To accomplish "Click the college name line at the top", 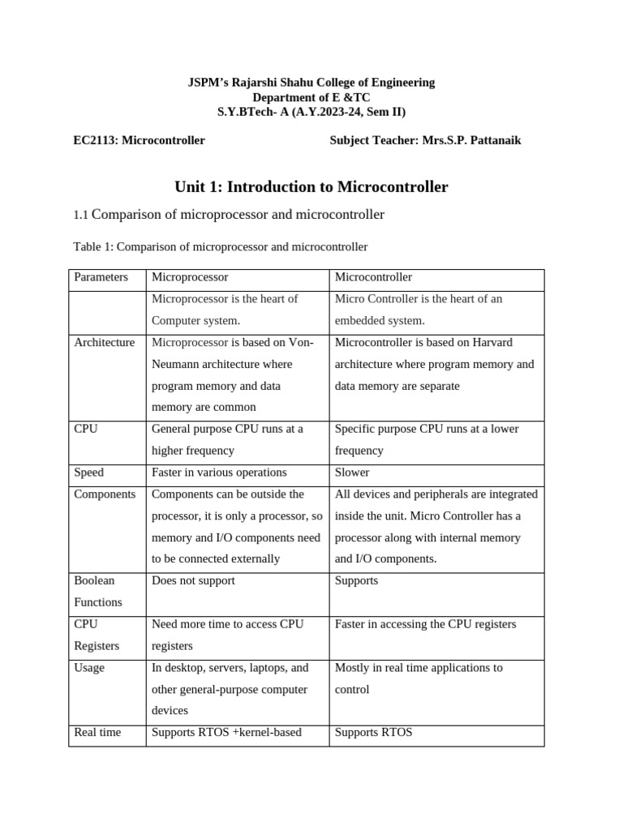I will coord(311,83).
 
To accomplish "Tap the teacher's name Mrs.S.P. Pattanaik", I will coord(471,140).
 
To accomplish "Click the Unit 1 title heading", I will coord(311,187).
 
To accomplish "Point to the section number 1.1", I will coord(80,216).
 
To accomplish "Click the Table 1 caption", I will coord(220,246).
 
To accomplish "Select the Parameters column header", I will coord(101,277).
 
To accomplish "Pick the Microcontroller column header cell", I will coord(373,277).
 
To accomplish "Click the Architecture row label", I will coord(104,343).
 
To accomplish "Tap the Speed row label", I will coord(89,473).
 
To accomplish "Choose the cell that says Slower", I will coord(352,473).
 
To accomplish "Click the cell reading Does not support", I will coord(193,581).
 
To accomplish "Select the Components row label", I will coord(105,494).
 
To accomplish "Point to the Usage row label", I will coord(89,668).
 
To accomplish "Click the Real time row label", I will coord(97,733).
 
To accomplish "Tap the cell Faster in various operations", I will coord(219,473).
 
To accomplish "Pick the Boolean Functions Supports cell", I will coord(356,581).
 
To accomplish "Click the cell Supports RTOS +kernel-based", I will coord(226,733).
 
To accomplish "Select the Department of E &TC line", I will coord(311,97).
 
